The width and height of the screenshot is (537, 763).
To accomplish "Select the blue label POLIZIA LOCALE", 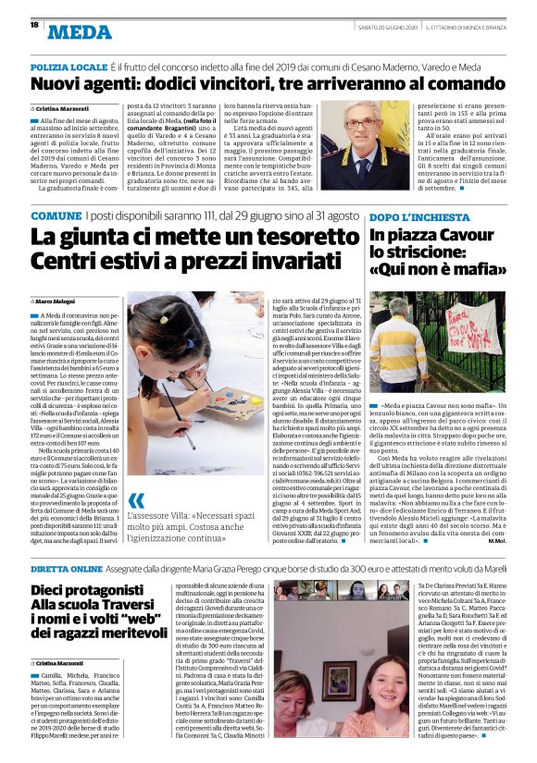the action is click(x=69, y=70).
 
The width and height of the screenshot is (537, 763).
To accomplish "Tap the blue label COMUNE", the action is click(x=56, y=215).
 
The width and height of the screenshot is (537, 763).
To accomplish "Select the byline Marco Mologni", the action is click(x=58, y=301).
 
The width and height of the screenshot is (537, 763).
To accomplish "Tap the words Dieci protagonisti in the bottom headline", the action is click(x=80, y=564).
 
